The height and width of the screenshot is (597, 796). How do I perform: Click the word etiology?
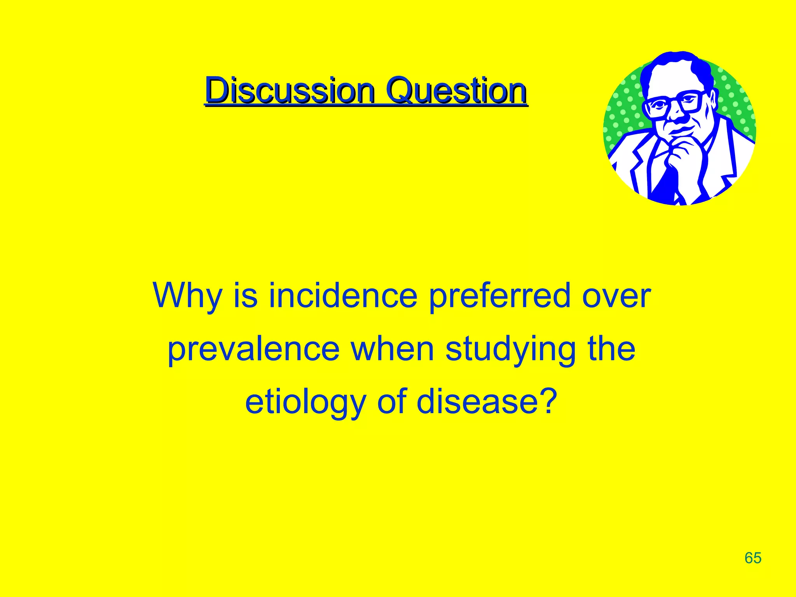pos(305,403)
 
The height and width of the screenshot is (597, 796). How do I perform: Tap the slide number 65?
pos(753,558)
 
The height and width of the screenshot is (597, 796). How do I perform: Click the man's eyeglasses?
pos(674,103)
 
